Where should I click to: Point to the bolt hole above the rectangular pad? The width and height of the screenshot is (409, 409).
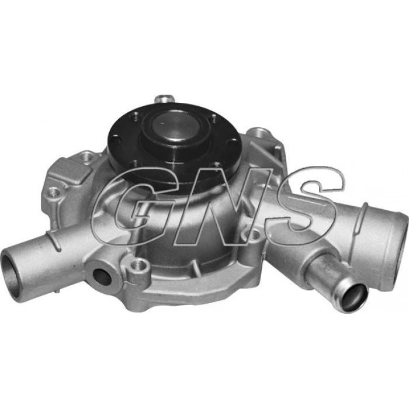click(88, 155)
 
